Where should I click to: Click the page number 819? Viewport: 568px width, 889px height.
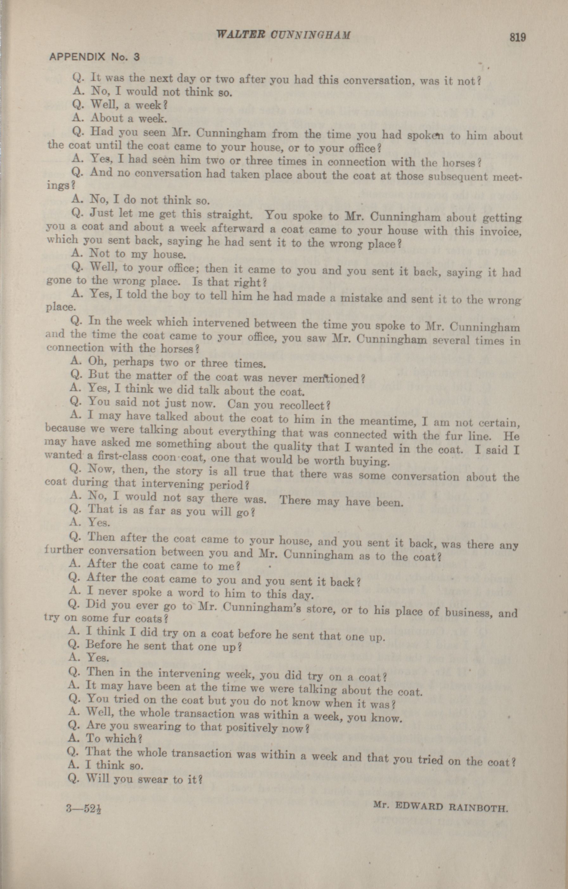[x=517, y=38]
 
